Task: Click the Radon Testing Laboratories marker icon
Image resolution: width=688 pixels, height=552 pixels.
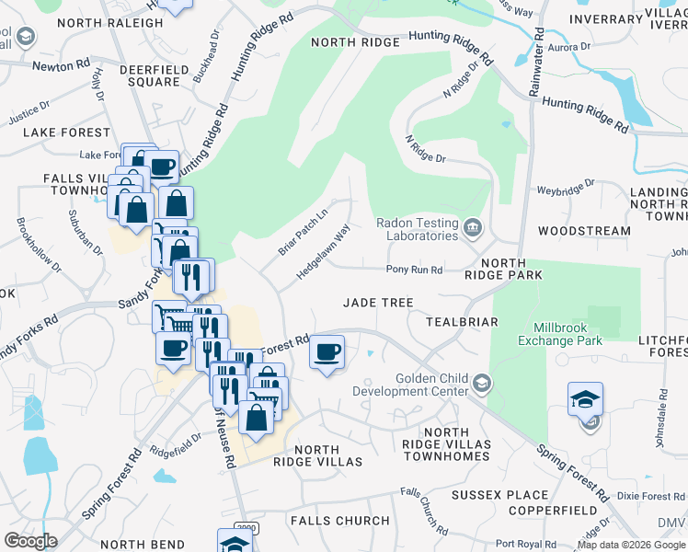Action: click(x=473, y=227)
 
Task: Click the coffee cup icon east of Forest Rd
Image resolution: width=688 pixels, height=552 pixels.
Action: click(x=327, y=351)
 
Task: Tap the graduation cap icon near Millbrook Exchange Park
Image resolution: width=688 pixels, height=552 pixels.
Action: click(x=585, y=400)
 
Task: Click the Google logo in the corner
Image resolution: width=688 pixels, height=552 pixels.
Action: click(x=30, y=540)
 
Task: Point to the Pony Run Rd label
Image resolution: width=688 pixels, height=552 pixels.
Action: click(x=414, y=270)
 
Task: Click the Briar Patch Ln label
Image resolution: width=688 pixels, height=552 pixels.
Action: click(x=303, y=232)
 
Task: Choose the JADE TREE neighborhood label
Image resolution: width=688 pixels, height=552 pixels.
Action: click(x=378, y=302)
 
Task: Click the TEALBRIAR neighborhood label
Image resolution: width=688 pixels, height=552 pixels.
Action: click(x=461, y=322)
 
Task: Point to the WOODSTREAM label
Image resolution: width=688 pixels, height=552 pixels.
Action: click(x=584, y=231)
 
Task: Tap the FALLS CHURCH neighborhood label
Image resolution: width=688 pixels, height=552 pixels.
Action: click(x=339, y=520)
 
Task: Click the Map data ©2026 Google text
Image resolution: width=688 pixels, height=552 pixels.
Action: click(x=631, y=545)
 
